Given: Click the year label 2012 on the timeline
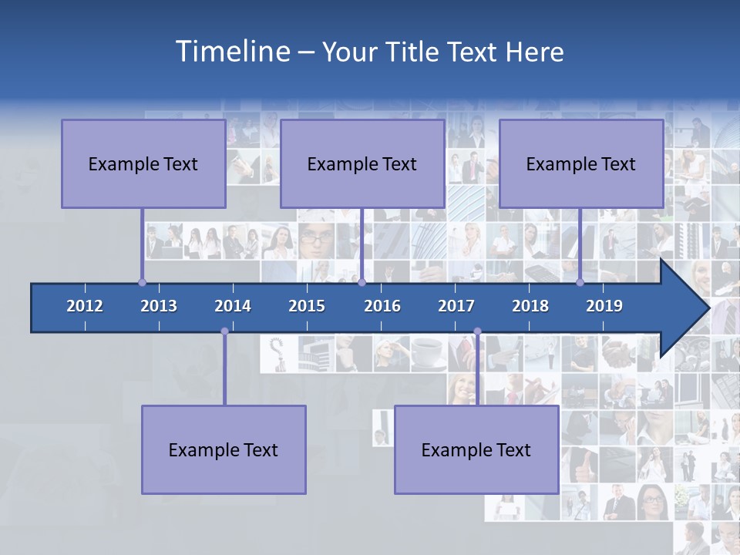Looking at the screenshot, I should pyautogui.click(x=85, y=306).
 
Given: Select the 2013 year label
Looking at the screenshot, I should pyautogui.click(x=159, y=306).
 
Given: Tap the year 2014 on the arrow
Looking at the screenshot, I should pyautogui.click(x=233, y=306).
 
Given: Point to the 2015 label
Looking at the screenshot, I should pyautogui.click(x=307, y=306).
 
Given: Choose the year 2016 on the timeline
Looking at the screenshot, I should pyautogui.click(x=382, y=306).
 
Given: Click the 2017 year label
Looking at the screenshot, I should pyautogui.click(x=456, y=306).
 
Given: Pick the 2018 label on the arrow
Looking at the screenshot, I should pyautogui.click(x=530, y=306).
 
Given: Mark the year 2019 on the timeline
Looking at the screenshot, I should pyautogui.click(x=604, y=306).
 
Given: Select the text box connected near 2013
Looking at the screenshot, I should pyautogui.click(x=143, y=163).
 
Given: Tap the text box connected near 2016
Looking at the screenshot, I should pyautogui.click(x=362, y=163).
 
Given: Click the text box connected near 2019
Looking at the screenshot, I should pyautogui.click(x=581, y=163).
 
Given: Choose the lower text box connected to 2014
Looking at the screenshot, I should pyautogui.click(x=224, y=449).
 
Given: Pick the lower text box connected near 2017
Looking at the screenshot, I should pyautogui.click(x=476, y=449).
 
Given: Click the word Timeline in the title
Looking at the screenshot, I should pyautogui.click(x=232, y=52).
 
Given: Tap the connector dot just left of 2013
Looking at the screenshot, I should pyautogui.click(x=142, y=282).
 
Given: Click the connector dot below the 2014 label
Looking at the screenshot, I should pyautogui.click(x=224, y=331).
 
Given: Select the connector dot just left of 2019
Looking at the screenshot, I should pyautogui.click(x=580, y=282).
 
